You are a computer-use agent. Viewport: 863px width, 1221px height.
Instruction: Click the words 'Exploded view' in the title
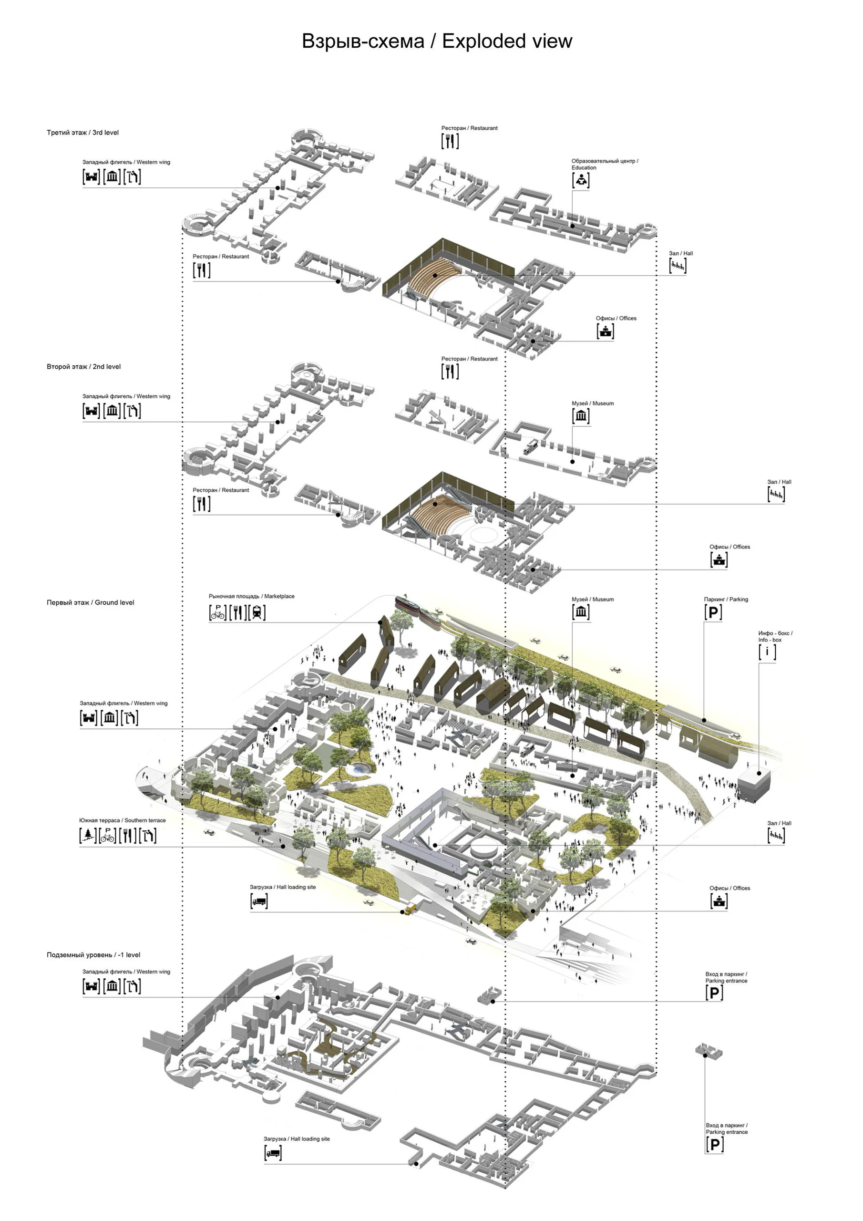coord(507,41)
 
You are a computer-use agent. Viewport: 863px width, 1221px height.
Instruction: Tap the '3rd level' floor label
coord(105,133)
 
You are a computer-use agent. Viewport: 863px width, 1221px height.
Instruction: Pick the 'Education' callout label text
coord(584,167)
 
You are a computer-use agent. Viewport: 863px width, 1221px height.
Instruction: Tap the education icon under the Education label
coord(581,181)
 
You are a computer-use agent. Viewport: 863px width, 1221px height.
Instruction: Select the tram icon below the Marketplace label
coord(257,612)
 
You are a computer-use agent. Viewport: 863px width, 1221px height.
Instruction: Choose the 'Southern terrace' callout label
coord(145,820)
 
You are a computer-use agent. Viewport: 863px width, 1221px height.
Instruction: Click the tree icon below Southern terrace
coord(88,836)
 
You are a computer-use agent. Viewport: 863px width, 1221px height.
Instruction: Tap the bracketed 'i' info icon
coord(767,652)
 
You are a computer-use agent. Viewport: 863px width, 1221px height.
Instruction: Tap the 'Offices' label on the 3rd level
coord(628,318)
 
